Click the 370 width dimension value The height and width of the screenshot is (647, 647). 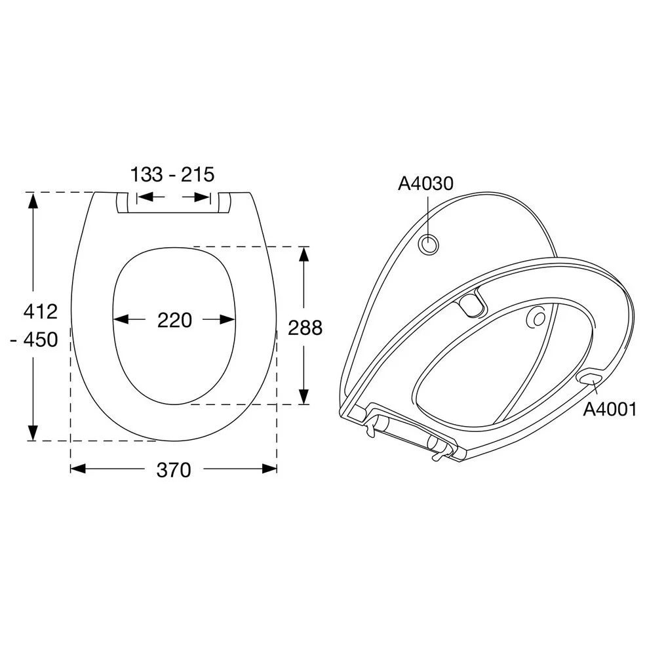tap(174, 469)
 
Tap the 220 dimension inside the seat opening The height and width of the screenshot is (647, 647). tap(174, 320)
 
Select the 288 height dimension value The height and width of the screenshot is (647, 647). tap(305, 328)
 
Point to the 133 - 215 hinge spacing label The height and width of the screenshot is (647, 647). tap(172, 174)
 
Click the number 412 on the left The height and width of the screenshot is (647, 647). tap(41, 311)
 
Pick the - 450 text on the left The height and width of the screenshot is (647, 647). tap(35, 340)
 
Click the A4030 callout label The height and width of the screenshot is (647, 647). tap(425, 184)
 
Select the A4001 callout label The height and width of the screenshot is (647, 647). tap(610, 409)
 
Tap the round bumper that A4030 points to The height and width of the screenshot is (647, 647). tap(428, 245)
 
